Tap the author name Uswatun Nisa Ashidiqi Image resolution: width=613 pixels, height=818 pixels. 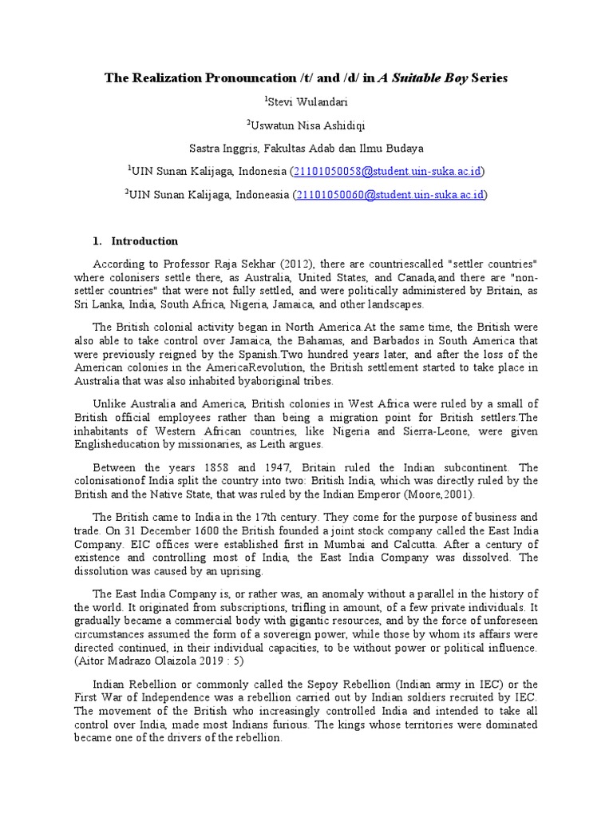click(307, 125)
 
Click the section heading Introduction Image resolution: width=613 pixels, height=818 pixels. click(144, 241)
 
